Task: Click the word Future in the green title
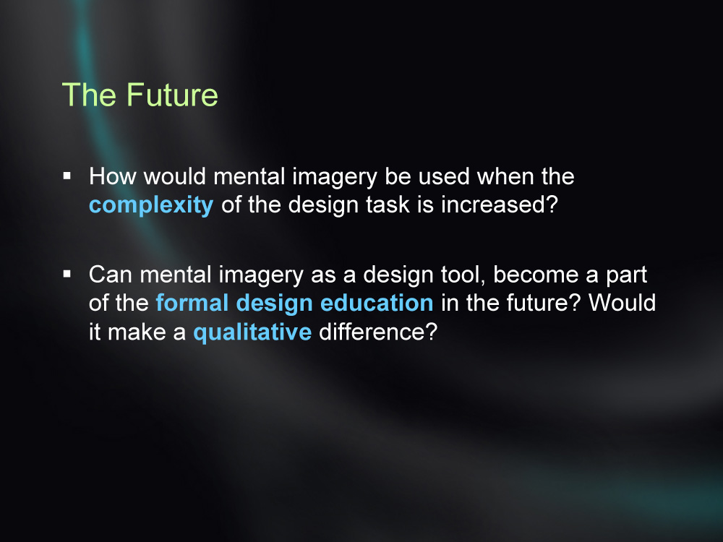click(x=172, y=95)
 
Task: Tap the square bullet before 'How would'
click(x=67, y=176)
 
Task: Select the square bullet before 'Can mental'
click(x=67, y=274)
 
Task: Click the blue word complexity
click(x=151, y=205)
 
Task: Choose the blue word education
click(x=377, y=303)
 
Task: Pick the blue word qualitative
click(x=252, y=332)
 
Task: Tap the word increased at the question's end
click(x=495, y=205)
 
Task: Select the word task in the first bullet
click(x=388, y=205)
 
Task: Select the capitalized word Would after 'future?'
click(x=623, y=303)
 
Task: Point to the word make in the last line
click(x=137, y=332)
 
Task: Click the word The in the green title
click(x=89, y=95)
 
